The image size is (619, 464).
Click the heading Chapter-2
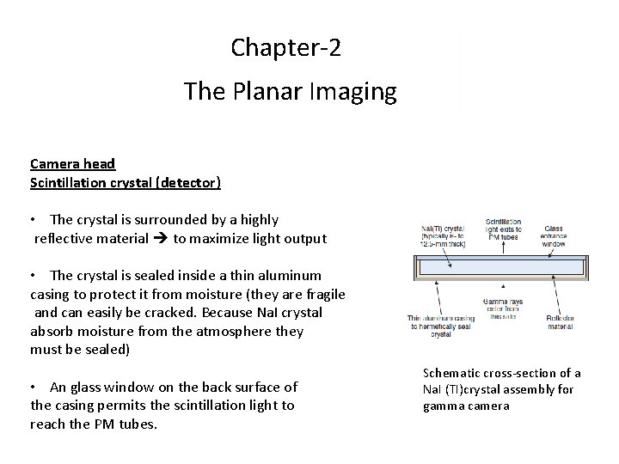pyautogui.click(x=285, y=47)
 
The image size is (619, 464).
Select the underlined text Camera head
pyautogui.click(x=72, y=163)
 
